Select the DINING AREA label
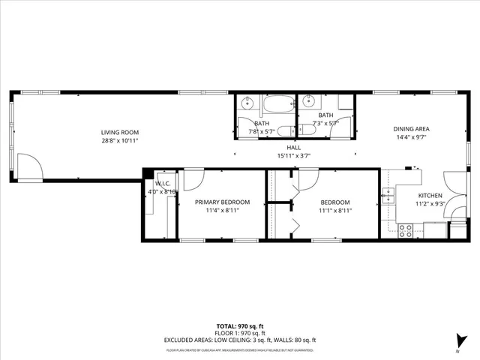pos(412,129)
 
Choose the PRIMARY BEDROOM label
pos(222,202)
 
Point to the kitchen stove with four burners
pos(406,230)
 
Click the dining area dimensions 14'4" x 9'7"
pos(412,138)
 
